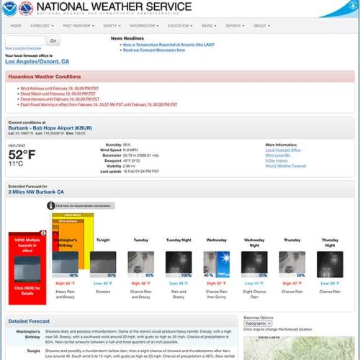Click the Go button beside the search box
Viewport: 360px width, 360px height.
coord(54,40)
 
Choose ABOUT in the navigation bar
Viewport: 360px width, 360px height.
coord(260,25)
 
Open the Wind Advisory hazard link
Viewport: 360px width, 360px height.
coord(48,88)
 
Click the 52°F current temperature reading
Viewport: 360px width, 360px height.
coord(22,154)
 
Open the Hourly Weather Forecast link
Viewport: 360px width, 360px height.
coord(285,166)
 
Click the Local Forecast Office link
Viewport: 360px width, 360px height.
coord(282,150)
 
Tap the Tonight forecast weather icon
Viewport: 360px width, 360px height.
coord(104,263)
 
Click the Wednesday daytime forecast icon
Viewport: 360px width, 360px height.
coord(217,263)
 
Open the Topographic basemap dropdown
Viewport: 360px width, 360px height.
coord(258,323)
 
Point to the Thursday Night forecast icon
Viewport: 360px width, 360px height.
coord(330,263)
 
